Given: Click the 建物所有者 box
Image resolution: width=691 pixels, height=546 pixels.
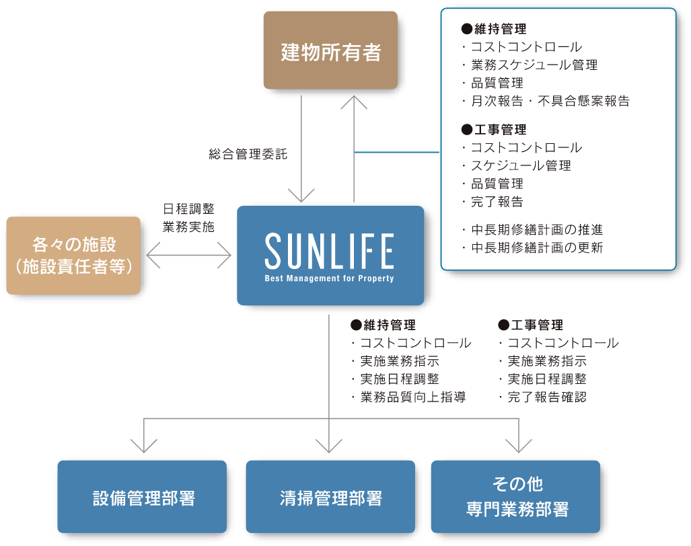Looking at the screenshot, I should coord(330,50).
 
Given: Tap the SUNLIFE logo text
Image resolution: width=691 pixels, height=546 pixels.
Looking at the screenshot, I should coord(330,251).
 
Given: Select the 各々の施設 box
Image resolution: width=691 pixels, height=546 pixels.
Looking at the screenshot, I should coord(73,255).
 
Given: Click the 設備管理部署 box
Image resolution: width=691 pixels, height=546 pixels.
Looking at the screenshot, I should coord(142,497).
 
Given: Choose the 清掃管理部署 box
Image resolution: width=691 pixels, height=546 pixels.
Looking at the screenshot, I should coord(330,497).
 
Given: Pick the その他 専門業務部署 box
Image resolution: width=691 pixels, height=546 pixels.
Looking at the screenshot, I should coord(515,496).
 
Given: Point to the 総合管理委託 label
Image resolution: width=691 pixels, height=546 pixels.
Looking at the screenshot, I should coord(248,155).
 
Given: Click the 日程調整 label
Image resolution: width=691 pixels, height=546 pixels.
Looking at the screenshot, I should coord(188,209).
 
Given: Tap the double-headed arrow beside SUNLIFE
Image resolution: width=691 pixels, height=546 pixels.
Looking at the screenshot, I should coord(188,256).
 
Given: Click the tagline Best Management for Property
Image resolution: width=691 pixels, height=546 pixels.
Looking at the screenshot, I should coord(330,278).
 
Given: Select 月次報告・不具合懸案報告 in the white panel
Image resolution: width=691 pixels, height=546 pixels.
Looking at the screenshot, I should coord(549,102).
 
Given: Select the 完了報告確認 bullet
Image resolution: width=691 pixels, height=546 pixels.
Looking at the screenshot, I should coord(546,397).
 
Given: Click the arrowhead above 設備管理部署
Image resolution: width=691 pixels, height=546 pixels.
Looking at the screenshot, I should coord(143,445).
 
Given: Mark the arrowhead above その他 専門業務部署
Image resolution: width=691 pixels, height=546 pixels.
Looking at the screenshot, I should coord(518,445).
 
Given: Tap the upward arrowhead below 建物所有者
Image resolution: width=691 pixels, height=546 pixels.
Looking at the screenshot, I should coord(354,102).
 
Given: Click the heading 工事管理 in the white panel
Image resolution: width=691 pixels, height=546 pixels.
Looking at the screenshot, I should coord(497,130).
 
